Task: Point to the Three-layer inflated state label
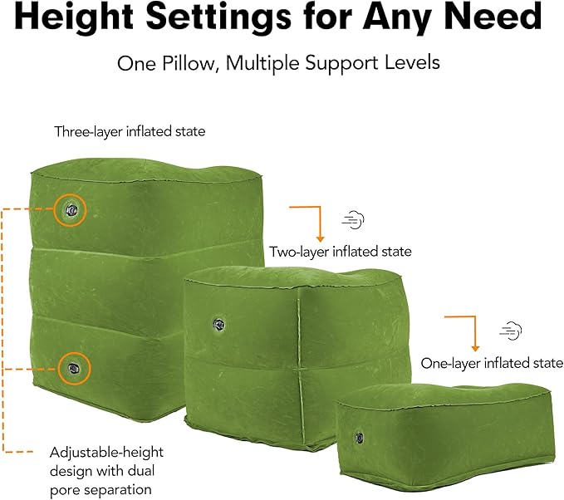point(130,131)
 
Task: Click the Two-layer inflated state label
point(340,251)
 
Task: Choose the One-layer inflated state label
point(492,363)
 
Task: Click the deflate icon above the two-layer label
point(352,220)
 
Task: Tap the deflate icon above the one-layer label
point(510,330)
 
